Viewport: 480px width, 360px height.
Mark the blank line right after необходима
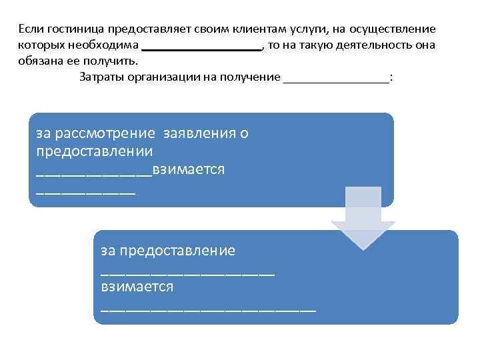202,49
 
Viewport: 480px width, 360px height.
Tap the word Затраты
101,77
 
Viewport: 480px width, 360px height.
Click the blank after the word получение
336,80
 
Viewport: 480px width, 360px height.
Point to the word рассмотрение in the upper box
109,133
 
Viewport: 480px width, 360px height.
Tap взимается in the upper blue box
188,169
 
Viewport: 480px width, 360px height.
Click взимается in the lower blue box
137,287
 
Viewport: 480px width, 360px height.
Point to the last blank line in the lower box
208,309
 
